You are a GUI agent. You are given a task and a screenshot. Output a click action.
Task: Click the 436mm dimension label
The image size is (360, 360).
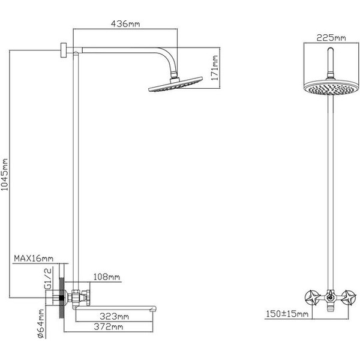tap(125, 24)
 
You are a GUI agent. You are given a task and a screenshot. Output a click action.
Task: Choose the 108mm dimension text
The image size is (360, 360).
tap(107, 277)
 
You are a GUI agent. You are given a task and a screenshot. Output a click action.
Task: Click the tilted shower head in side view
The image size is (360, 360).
tap(166, 86)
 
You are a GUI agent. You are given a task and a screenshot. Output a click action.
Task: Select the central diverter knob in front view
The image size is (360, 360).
tap(330, 296)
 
